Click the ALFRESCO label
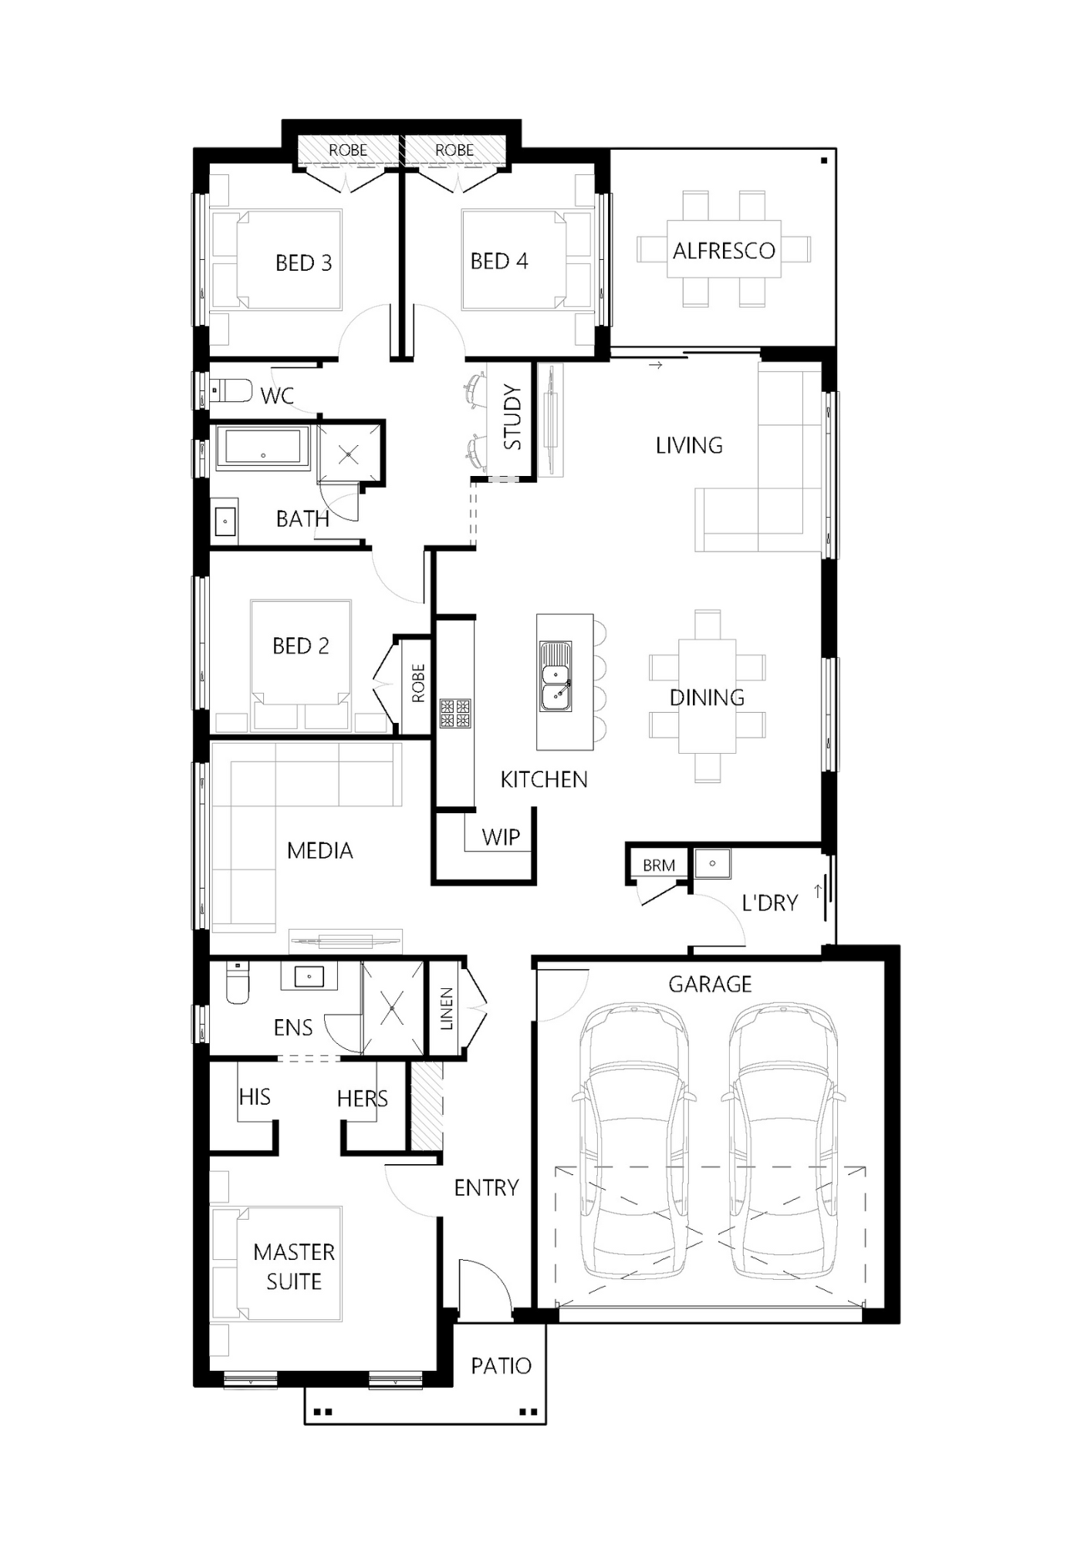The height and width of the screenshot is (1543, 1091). pos(723,251)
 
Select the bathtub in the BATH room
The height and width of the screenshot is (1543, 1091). pos(262,447)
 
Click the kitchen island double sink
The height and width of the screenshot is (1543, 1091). pos(555,675)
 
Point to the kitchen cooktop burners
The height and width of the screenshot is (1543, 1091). pos(455,713)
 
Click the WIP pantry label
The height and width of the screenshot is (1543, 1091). pos(501,837)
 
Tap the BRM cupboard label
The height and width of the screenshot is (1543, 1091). pos(658,866)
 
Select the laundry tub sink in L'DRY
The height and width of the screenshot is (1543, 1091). pos(711,863)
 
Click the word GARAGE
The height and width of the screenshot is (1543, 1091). pos(710,984)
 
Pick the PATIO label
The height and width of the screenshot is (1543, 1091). pos(501,1366)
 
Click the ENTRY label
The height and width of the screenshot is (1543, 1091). pos(486,1188)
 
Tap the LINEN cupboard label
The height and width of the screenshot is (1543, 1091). pos(447,1009)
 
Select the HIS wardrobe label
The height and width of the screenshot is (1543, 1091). pos(255,1097)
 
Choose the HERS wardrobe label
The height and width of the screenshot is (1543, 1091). pos(362,1099)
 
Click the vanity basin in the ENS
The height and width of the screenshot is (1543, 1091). pos(309,977)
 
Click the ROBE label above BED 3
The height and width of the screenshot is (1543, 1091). pos(348,150)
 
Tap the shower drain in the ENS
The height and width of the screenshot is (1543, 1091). pos(392,1008)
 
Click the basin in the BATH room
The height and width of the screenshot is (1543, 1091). pos(225,521)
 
